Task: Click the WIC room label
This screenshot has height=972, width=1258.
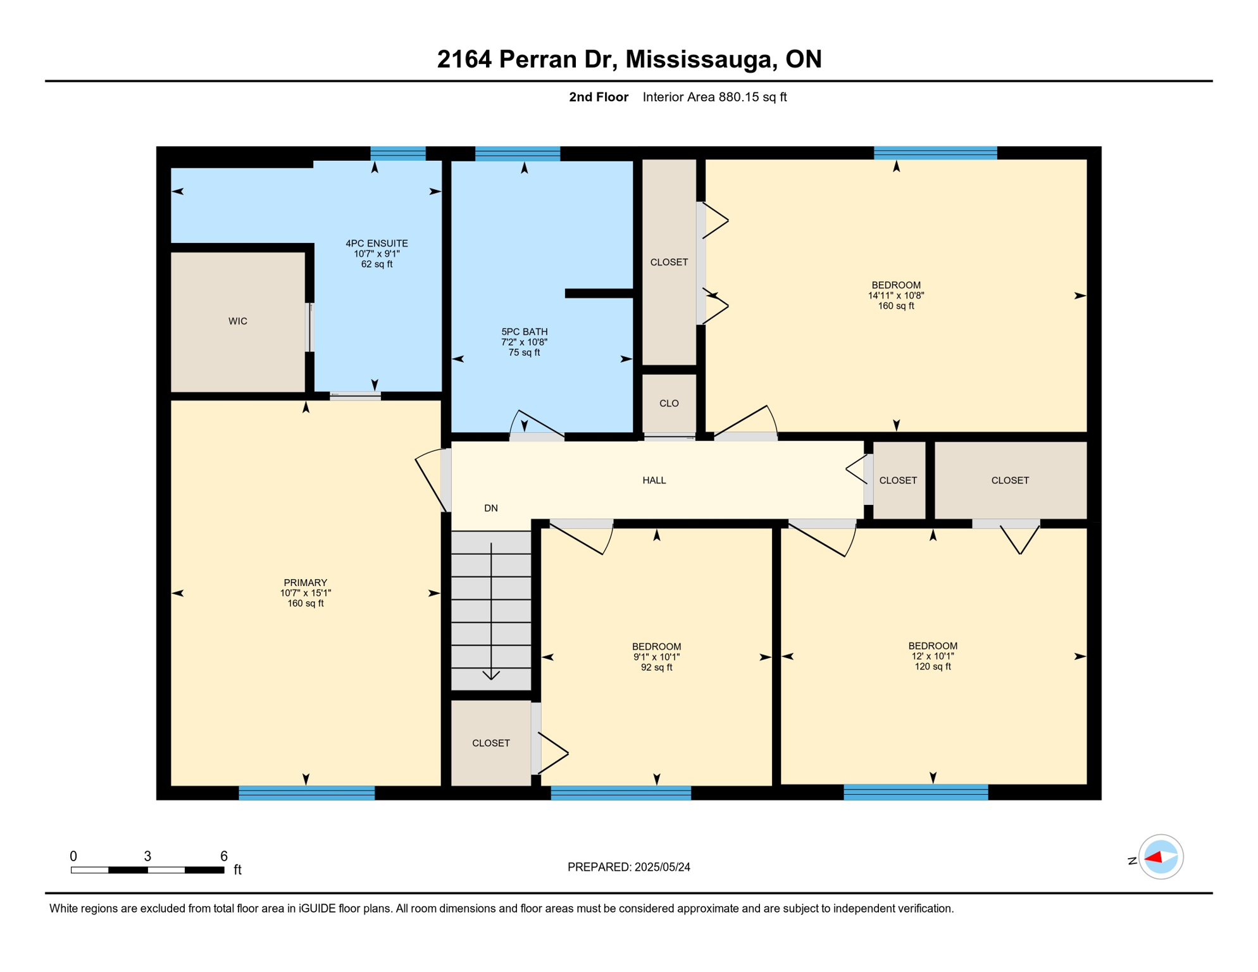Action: [x=238, y=321]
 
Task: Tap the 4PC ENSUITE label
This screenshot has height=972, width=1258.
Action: [x=377, y=244]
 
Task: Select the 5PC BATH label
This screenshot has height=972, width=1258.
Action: [x=525, y=332]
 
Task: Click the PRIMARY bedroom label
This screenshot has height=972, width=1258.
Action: [x=306, y=583]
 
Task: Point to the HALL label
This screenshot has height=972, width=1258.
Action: [x=654, y=480]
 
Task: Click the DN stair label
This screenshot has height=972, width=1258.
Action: [x=491, y=508]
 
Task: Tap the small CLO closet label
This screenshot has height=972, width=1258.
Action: [x=669, y=403]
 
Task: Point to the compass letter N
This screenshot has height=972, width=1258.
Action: [x=1132, y=861]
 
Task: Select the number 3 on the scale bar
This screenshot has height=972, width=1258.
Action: [x=147, y=856]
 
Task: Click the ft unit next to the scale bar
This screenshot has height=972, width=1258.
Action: [x=238, y=870]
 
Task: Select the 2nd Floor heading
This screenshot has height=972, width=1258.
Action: [x=599, y=97]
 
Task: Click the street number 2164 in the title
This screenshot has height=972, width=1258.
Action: [x=464, y=59]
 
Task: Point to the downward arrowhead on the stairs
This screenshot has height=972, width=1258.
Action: [x=491, y=675]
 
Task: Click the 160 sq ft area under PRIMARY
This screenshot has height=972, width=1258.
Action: [x=306, y=604]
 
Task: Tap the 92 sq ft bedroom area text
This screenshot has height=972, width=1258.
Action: [x=657, y=668]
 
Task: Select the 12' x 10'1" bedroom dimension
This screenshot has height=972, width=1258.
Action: [x=933, y=656]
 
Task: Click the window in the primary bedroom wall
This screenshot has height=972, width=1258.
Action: [x=307, y=794]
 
